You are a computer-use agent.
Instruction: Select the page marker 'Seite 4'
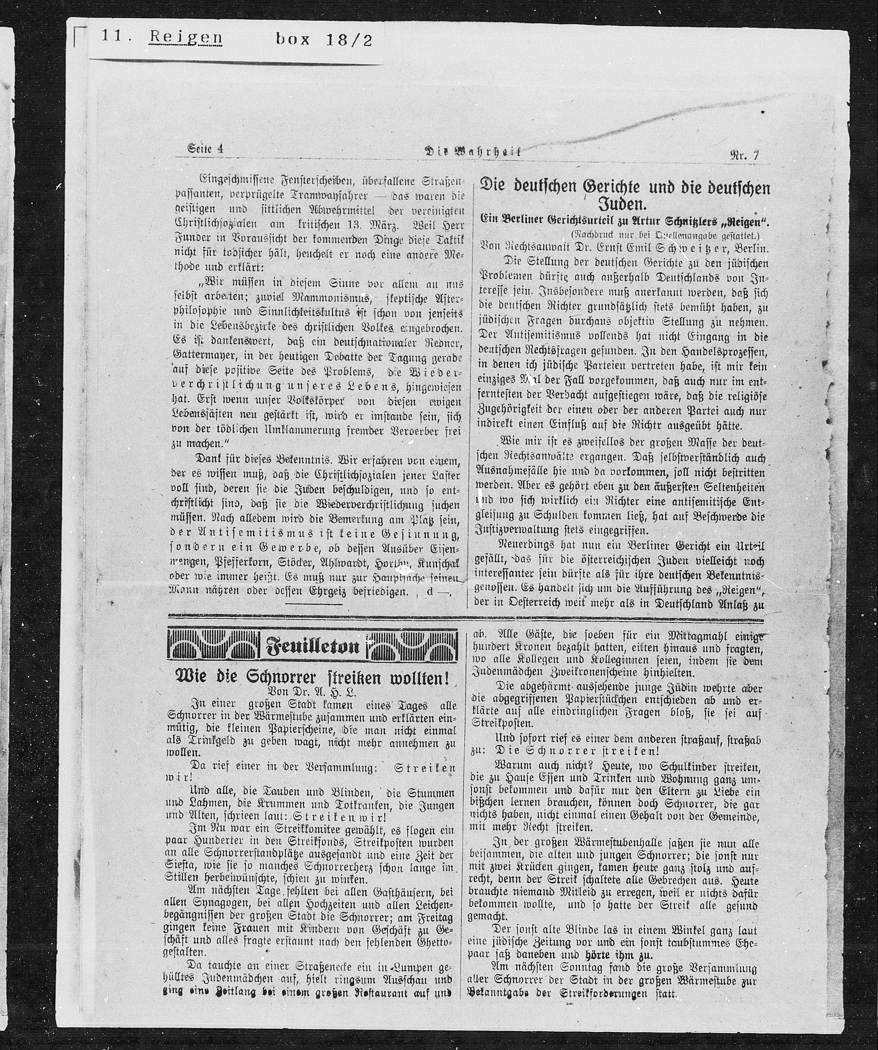point(205,149)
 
